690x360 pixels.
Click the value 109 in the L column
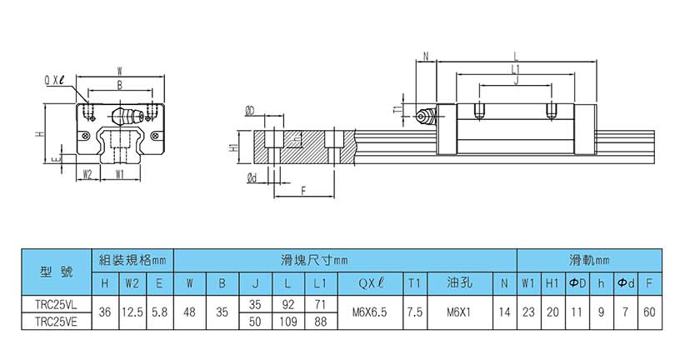(287, 320)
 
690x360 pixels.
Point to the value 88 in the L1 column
(320, 320)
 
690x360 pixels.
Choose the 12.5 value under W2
(132, 312)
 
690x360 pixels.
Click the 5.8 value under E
(159, 312)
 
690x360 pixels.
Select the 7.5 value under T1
(414, 312)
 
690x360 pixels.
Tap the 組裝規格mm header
(132, 259)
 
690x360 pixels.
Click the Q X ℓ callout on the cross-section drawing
(55, 79)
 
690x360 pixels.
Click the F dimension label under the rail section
(302, 191)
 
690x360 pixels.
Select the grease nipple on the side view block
(426, 116)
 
